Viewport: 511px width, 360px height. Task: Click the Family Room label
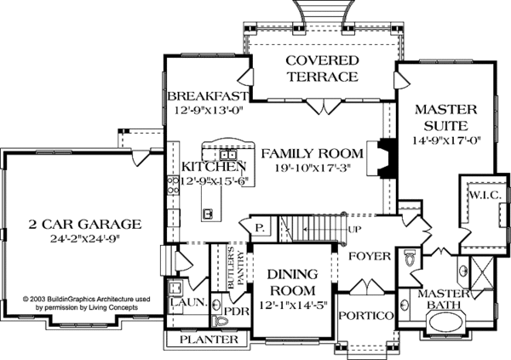(313, 153)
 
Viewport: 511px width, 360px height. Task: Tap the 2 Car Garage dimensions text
(85, 239)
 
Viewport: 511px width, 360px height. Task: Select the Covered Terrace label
(322, 69)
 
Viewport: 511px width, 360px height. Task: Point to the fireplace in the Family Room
(382, 158)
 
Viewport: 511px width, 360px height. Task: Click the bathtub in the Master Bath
(445, 323)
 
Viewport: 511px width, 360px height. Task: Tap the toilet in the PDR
(220, 321)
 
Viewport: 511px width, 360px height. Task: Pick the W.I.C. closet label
(485, 195)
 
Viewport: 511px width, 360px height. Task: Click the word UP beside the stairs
(354, 230)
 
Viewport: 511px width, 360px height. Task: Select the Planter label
(209, 340)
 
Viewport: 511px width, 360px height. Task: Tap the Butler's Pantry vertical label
(235, 267)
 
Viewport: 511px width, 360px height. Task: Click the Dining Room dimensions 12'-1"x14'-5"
(293, 306)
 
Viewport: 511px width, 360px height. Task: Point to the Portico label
(366, 316)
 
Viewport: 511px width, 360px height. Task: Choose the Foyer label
(370, 256)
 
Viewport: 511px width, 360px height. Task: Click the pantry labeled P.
(260, 228)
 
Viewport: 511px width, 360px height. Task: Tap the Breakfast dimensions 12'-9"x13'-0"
(209, 111)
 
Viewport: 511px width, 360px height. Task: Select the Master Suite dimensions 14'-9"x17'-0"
(447, 140)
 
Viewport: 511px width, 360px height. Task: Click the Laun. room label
(189, 302)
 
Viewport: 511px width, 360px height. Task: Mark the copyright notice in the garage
(86, 303)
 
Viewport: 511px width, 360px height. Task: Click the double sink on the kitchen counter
(228, 154)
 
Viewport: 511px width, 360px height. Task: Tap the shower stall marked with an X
(482, 272)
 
